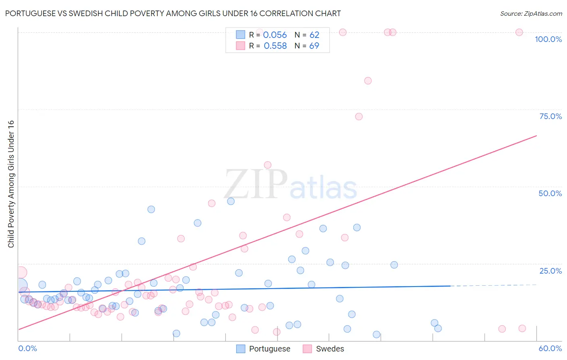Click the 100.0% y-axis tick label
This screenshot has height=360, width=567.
[x=548, y=39]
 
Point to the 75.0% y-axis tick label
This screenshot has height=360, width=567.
[x=550, y=116]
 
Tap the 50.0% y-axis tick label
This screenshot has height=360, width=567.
[x=550, y=193]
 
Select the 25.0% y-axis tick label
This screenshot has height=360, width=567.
[x=550, y=270]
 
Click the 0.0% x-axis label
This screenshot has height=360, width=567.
[x=27, y=348]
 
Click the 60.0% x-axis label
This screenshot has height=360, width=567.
[x=550, y=348]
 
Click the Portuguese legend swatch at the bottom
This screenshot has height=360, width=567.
[x=241, y=349]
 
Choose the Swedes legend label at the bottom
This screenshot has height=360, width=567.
[x=330, y=349]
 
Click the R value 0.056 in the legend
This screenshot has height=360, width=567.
[x=275, y=35]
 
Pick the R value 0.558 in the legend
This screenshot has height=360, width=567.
[x=275, y=46]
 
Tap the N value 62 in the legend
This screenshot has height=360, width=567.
[x=314, y=35]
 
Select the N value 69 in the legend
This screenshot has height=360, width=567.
[x=314, y=46]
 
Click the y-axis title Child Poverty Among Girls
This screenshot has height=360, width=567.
[x=11, y=184]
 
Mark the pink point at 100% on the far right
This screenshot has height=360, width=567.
[x=519, y=32]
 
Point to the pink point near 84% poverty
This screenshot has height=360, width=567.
[x=368, y=81]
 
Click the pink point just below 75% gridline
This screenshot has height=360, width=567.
[x=359, y=117]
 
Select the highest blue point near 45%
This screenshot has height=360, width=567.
[x=231, y=201]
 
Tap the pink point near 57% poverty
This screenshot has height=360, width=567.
[x=267, y=165]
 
